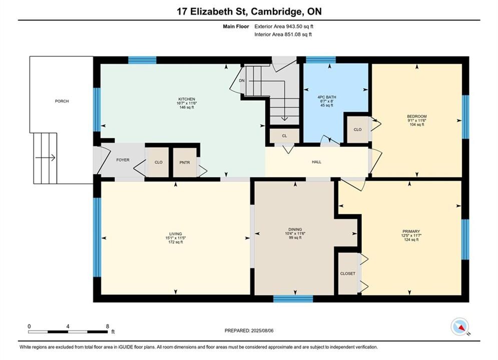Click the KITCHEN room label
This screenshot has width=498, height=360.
[187, 99]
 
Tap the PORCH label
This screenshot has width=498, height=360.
[62, 101]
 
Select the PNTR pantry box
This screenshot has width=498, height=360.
[185, 162]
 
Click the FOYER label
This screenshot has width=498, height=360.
[123, 160]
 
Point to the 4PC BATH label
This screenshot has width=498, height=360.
[327, 97]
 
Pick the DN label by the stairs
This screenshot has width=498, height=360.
[242, 80]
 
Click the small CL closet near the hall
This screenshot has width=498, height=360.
[284, 136]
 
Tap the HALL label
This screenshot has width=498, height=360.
[317, 162]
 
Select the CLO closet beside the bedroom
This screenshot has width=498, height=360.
[358, 129]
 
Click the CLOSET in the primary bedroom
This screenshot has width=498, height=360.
[348, 273]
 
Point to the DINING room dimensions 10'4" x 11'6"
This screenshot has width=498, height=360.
[295, 233]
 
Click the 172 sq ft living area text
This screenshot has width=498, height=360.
[176, 242]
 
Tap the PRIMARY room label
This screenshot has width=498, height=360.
[411, 231]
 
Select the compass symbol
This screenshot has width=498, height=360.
[459, 326]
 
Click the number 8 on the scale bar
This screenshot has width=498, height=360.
[108, 326]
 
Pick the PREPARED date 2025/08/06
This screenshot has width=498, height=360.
[262, 330]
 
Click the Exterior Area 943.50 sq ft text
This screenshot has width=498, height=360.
[284, 26]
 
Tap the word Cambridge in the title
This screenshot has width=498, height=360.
[277, 11]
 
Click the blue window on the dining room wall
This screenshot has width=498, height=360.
[293, 298]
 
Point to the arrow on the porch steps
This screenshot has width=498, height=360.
[46, 157]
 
